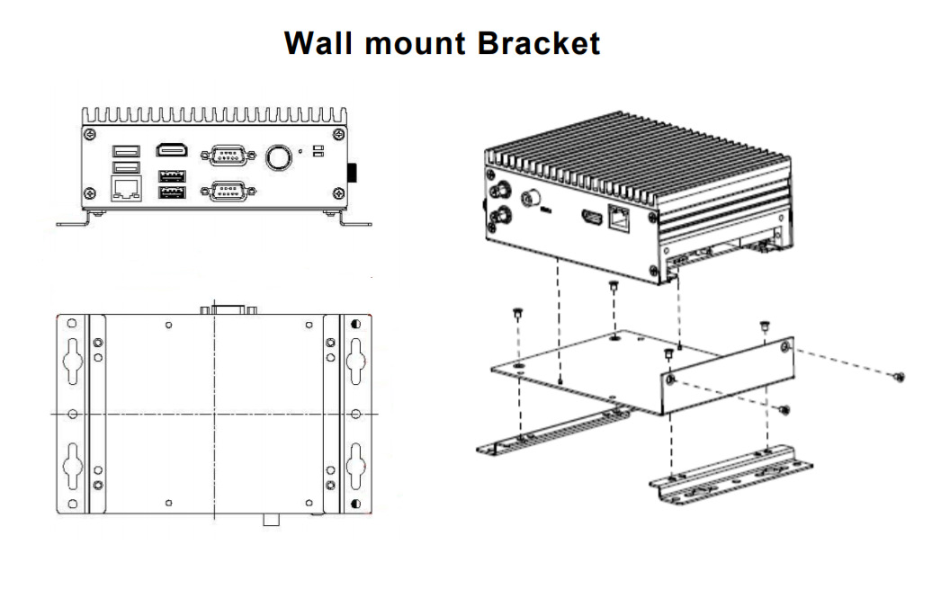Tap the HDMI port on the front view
(171, 151)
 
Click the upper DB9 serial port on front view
(226, 156)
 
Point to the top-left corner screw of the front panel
(88, 135)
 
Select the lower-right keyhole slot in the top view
(356, 462)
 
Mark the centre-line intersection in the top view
(214, 414)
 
